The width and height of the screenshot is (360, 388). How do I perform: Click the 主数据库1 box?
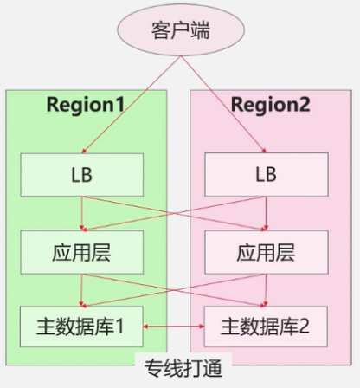pos(80,327)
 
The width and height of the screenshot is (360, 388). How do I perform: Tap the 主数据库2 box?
pos(266,327)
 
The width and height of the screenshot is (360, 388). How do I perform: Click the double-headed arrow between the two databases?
pos(172,327)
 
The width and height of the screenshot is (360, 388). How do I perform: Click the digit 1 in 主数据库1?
pos(122,327)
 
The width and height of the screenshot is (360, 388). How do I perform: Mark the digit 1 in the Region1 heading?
pos(119,105)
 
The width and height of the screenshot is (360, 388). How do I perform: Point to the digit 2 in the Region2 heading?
pos(305,105)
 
